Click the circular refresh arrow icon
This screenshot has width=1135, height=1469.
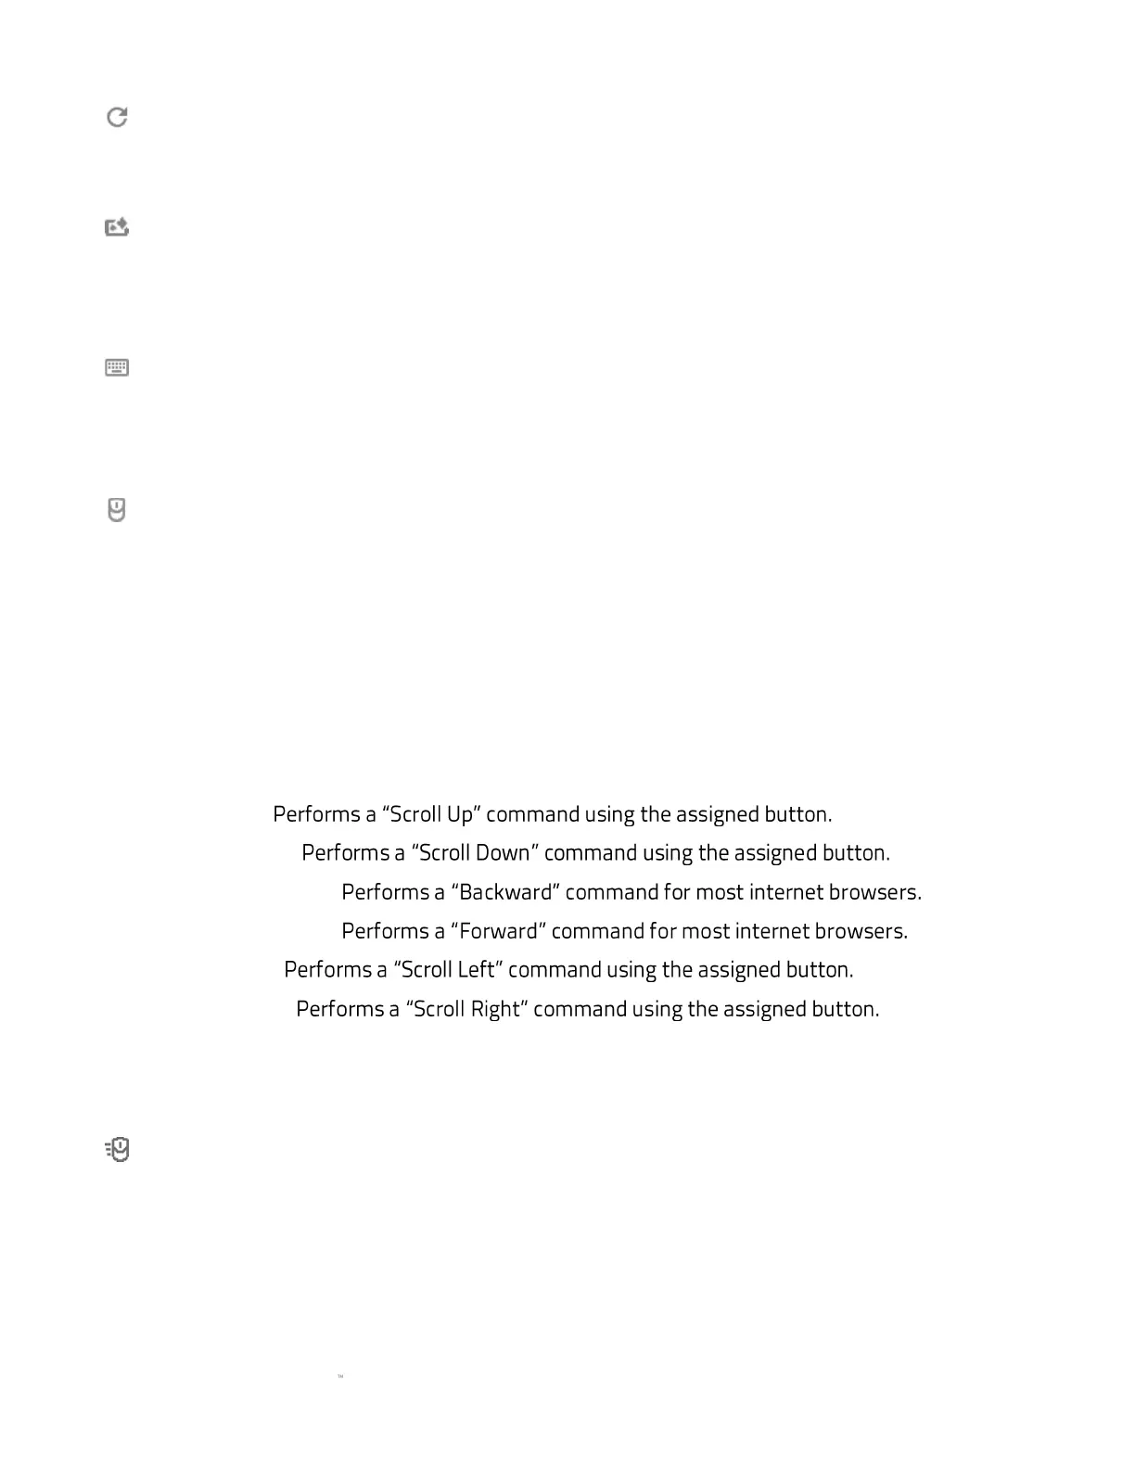coord(117,117)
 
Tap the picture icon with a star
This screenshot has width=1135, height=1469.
coord(117,227)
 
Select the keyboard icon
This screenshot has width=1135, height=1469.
coord(117,368)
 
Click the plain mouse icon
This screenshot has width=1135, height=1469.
coord(117,510)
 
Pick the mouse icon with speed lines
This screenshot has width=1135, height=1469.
coord(118,1150)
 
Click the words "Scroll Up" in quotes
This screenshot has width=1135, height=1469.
coord(431,814)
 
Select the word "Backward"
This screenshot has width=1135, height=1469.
coord(505,892)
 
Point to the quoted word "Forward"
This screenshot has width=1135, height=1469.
coord(498,931)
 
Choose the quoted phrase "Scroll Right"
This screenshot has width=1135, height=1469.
coord(466,1009)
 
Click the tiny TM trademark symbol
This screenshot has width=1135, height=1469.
coord(340,1377)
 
